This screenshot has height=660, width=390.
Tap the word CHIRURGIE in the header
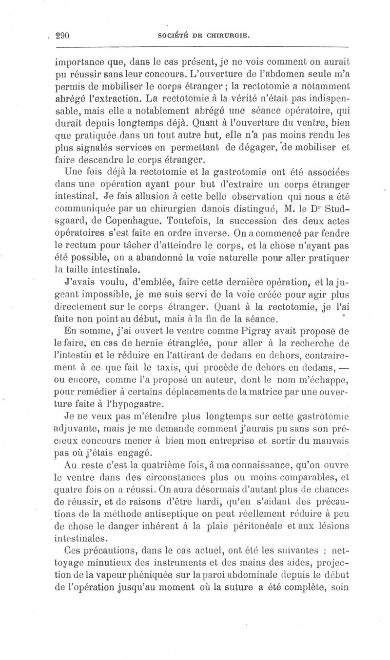tap(229, 36)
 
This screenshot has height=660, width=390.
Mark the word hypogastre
tap(139, 403)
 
